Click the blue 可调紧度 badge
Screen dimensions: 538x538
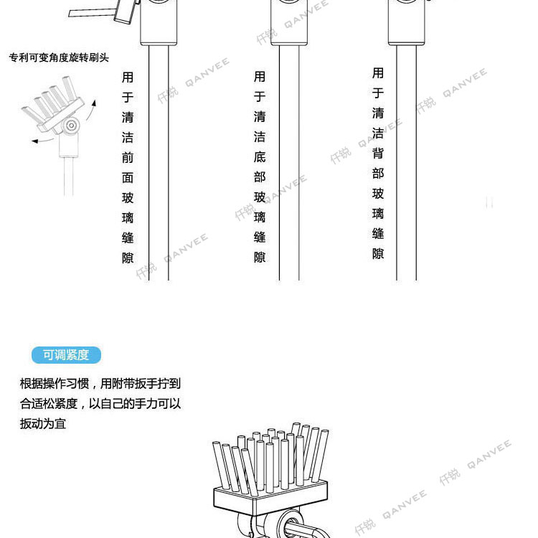pyautogui.click(x=66, y=355)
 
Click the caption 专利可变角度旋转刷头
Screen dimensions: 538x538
pyautogui.click(x=59, y=57)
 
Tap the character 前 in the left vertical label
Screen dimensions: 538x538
pyautogui.click(x=128, y=157)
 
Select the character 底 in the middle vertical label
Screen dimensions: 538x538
pyautogui.click(x=260, y=157)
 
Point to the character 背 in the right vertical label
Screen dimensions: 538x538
pyautogui.click(x=378, y=153)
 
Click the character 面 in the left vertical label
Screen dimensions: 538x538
pyautogui.click(x=128, y=177)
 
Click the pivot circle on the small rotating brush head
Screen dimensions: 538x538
pyautogui.click(x=70, y=127)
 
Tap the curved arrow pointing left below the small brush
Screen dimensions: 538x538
pyautogui.click(x=43, y=140)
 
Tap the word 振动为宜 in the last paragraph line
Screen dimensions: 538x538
pyautogui.click(x=43, y=423)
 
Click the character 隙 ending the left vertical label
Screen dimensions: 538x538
pyautogui.click(x=128, y=258)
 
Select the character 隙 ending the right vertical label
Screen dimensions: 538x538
pyautogui.click(x=378, y=253)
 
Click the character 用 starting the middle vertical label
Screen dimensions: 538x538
pyautogui.click(x=260, y=77)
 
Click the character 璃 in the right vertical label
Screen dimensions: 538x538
pyautogui.click(x=378, y=213)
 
